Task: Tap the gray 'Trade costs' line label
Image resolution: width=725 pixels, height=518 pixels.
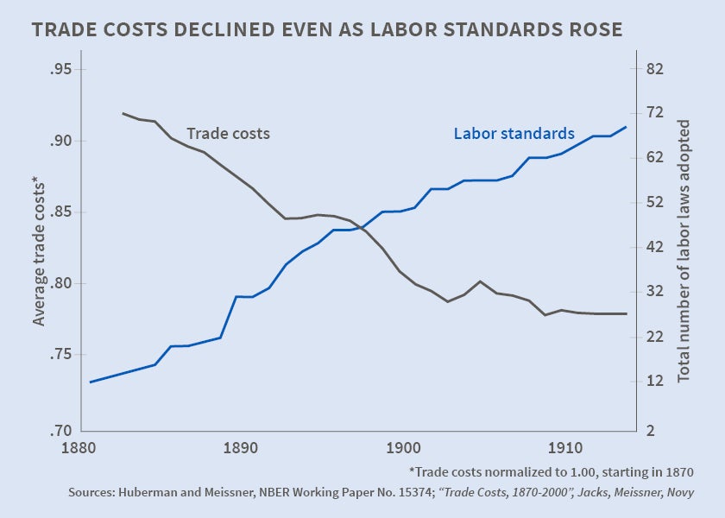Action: (228, 134)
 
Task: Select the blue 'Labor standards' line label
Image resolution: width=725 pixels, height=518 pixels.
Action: (514, 134)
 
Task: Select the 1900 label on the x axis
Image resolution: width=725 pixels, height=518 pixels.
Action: (401, 449)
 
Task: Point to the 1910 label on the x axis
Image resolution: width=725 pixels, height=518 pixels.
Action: (563, 449)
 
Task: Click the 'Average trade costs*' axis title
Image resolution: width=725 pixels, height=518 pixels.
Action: (38, 250)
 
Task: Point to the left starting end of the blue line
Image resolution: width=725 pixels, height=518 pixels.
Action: (91, 382)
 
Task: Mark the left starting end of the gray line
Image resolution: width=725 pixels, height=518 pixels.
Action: (123, 113)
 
